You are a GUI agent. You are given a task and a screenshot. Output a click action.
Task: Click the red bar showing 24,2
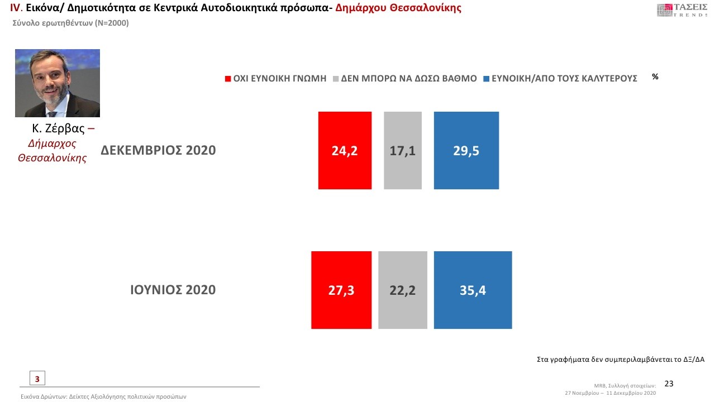click(x=345, y=150)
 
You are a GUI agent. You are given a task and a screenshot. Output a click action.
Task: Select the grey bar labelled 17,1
click(x=403, y=150)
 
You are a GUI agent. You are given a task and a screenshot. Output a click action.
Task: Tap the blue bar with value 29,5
click(x=466, y=150)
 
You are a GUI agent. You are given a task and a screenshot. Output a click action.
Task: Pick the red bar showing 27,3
click(x=341, y=290)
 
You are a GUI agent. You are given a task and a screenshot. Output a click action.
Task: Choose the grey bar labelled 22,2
click(x=403, y=290)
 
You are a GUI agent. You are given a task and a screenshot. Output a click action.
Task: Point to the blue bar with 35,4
click(x=473, y=290)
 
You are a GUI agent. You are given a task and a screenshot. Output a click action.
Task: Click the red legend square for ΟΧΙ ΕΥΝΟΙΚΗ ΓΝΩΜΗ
click(x=228, y=79)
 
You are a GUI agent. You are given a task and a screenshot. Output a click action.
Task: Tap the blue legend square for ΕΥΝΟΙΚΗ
click(x=487, y=79)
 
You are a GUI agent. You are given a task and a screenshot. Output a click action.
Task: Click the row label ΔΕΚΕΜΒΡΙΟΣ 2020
click(x=158, y=150)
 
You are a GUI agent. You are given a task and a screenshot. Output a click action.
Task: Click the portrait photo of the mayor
click(x=58, y=83)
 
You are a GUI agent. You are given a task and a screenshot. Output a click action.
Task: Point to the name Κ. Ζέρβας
click(x=58, y=129)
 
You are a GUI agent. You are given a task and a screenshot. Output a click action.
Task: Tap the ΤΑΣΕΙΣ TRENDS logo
click(x=682, y=10)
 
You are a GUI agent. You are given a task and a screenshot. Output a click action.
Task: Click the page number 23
click(x=669, y=384)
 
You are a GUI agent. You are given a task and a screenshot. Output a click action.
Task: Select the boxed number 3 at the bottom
click(x=37, y=379)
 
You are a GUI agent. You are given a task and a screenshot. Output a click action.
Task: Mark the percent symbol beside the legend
click(x=655, y=77)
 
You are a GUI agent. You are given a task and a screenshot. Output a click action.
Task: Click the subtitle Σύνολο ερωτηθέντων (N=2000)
click(x=70, y=23)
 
